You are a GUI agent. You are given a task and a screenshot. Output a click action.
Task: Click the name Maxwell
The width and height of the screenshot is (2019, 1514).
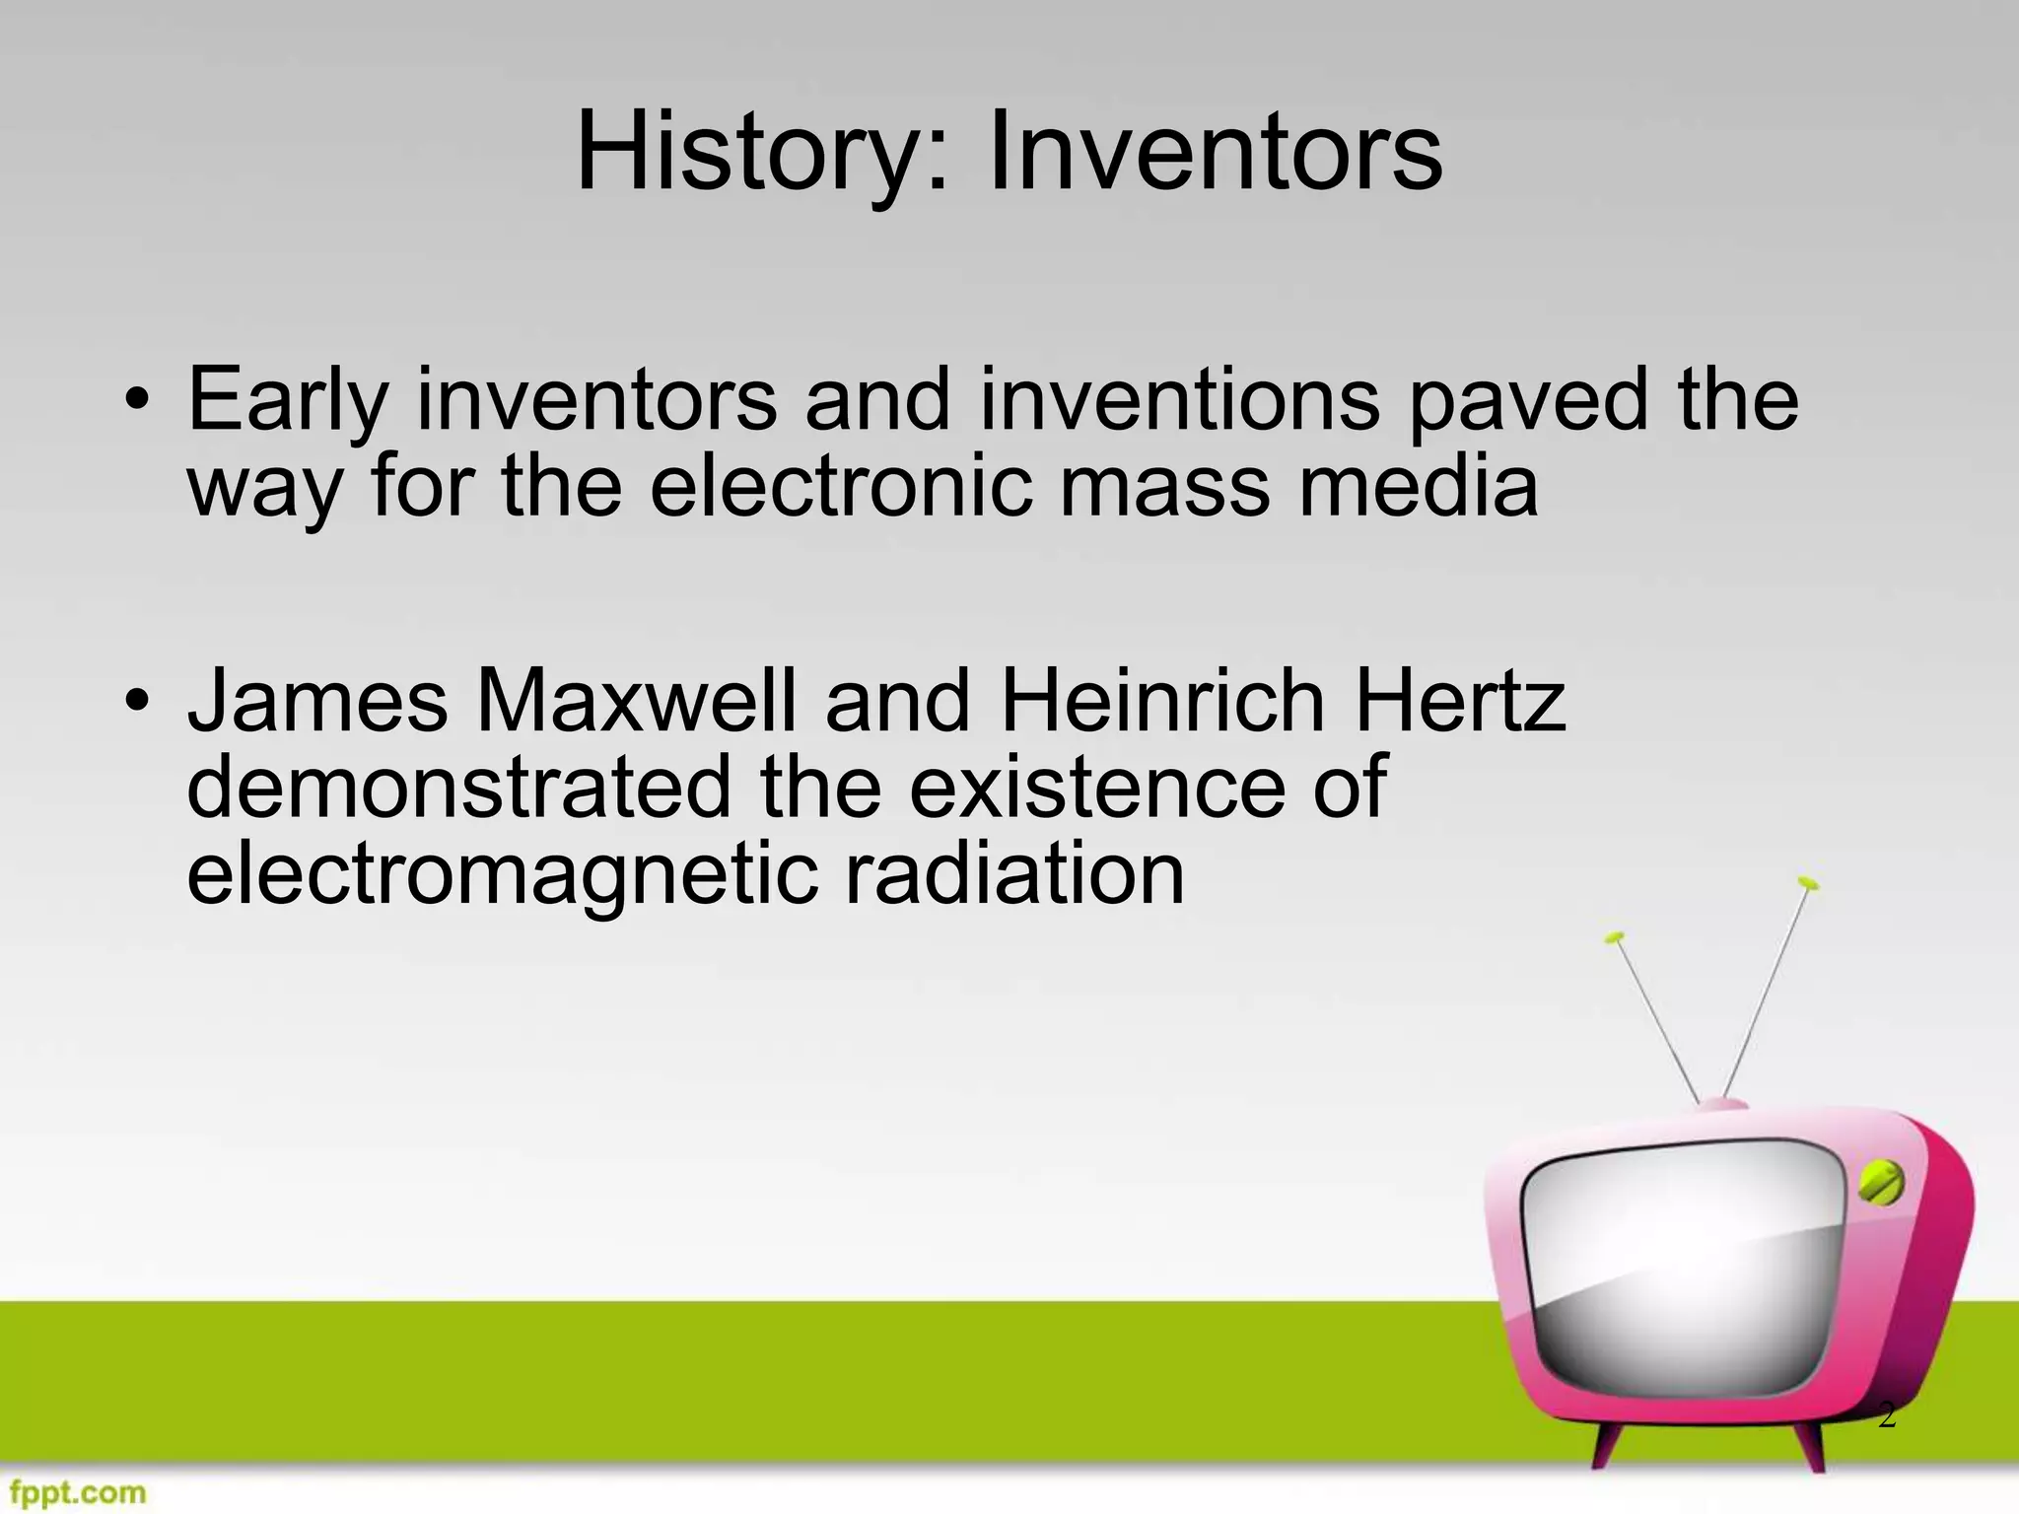pyautogui.click(x=637, y=701)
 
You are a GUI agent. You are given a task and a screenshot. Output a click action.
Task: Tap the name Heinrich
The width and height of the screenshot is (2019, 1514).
pyautogui.click(x=1162, y=701)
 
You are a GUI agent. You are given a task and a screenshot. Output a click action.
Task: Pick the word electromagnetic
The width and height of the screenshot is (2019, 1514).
pyautogui.click(x=502, y=874)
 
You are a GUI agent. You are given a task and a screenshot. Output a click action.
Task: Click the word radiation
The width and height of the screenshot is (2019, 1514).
pyautogui.click(x=1014, y=874)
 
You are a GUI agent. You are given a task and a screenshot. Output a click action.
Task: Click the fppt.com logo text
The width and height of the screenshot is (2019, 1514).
pyautogui.click(x=74, y=1492)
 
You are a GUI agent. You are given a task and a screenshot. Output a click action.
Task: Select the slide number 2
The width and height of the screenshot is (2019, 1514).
pyautogui.click(x=1886, y=1415)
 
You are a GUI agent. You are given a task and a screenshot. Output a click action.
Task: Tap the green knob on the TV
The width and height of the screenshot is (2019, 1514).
pyautogui.click(x=1880, y=1182)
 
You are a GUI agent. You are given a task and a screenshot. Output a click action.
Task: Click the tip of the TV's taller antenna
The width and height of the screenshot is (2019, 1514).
pyautogui.click(x=1807, y=881)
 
